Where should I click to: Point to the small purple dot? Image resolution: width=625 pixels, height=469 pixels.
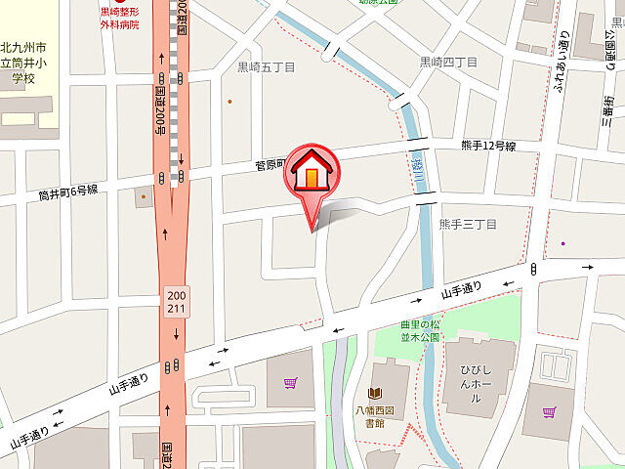(x=563, y=243)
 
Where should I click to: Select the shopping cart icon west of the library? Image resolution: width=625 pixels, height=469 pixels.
(x=290, y=383)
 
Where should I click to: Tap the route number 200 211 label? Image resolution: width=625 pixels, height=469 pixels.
(x=176, y=302)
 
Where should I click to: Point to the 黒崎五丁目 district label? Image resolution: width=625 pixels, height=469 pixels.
(x=265, y=67)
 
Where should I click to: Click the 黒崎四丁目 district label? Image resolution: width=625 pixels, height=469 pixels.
(x=448, y=62)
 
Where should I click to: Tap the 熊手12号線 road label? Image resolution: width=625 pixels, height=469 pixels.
(x=488, y=146)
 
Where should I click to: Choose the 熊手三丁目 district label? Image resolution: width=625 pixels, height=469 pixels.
(x=468, y=224)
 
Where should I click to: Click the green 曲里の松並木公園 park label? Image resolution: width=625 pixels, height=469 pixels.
(x=420, y=330)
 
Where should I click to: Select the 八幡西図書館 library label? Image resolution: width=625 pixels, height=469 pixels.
(x=375, y=417)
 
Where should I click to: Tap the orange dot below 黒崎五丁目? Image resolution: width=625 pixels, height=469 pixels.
(x=229, y=101)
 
